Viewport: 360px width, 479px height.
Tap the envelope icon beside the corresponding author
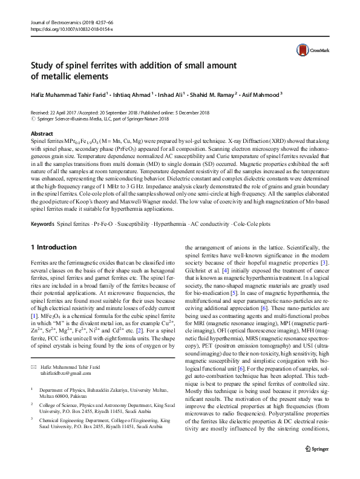(x=33, y=368)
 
